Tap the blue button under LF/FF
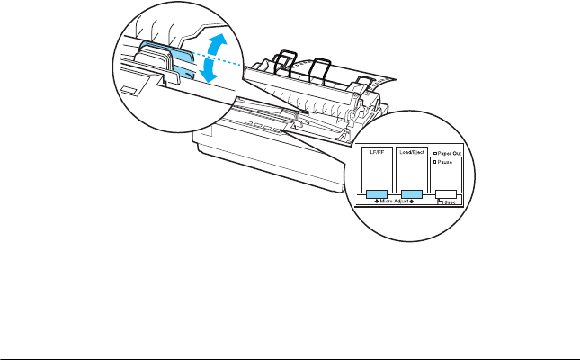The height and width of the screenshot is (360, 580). click(376, 193)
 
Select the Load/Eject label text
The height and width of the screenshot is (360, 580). click(411, 156)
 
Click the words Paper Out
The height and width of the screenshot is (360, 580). click(451, 155)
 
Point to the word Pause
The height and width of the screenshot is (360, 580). click(446, 163)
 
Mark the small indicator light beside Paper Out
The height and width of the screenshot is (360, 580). click(436, 155)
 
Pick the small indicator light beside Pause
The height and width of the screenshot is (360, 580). click(436, 163)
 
